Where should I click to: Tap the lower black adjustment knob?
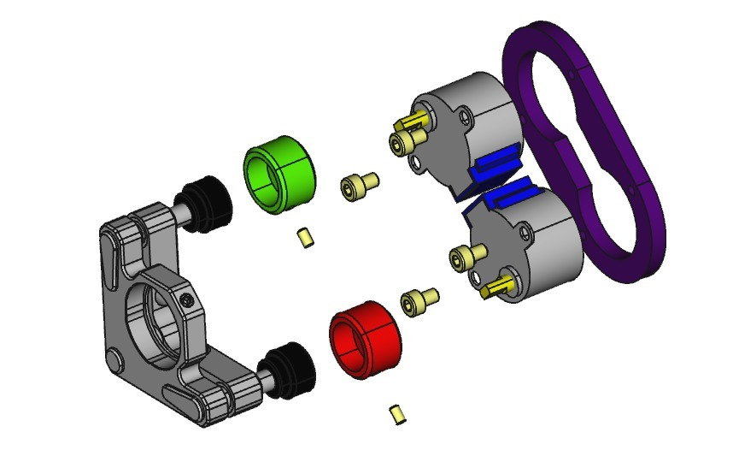290,370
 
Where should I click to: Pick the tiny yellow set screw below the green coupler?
305,237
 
